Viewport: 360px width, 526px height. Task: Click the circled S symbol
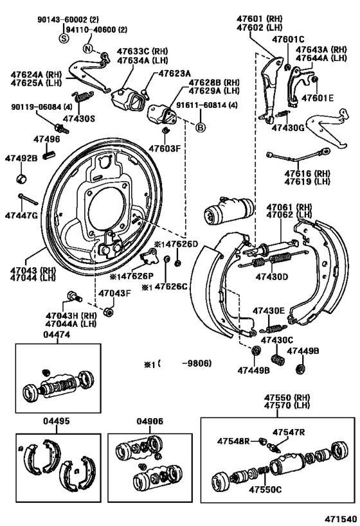[x=64, y=39]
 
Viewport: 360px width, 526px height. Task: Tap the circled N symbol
[x=87, y=49]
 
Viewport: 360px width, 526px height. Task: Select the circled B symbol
[x=201, y=127]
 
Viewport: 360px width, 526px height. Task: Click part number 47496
[x=47, y=139]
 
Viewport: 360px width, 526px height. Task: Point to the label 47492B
[x=21, y=158]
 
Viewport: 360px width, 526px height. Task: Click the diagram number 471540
[x=340, y=519]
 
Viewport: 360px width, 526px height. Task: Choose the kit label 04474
[x=57, y=335]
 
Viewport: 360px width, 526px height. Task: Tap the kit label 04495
[x=57, y=421]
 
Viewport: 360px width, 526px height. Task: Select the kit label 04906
[x=150, y=421]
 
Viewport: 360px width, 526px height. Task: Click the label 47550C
[x=265, y=489]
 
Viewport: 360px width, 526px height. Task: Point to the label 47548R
[x=234, y=441]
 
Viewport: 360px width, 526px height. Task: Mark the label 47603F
[x=165, y=148]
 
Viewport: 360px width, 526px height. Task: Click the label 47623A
[x=174, y=73]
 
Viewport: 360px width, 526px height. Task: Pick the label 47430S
[x=79, y=118]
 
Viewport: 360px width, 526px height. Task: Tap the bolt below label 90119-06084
[x=61, y=128]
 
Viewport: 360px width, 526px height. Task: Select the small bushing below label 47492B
[x=21, y=179]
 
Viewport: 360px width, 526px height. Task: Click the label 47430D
[x=272, y=277]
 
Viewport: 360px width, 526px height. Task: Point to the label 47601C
[x=288, y=39]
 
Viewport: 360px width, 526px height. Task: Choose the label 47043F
[x=114, y=294]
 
